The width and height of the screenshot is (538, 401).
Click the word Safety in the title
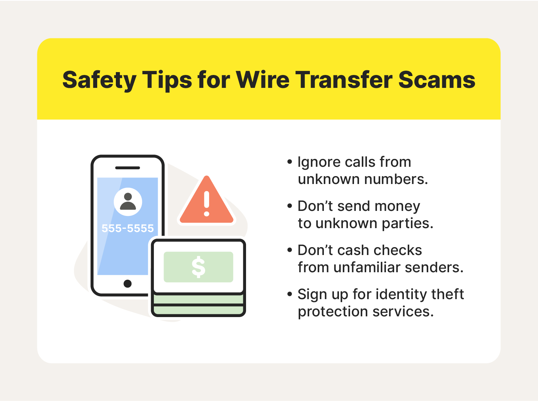99,80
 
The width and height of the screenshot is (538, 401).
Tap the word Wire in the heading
263,80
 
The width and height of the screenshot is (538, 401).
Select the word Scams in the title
437,80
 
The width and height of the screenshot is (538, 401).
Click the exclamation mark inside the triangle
206,204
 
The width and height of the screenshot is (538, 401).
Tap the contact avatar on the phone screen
128,202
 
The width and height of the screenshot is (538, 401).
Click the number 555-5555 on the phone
127,228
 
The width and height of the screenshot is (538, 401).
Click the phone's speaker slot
127,168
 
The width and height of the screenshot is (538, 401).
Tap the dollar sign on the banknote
198,267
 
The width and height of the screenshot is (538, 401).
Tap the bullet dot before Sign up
290,294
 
